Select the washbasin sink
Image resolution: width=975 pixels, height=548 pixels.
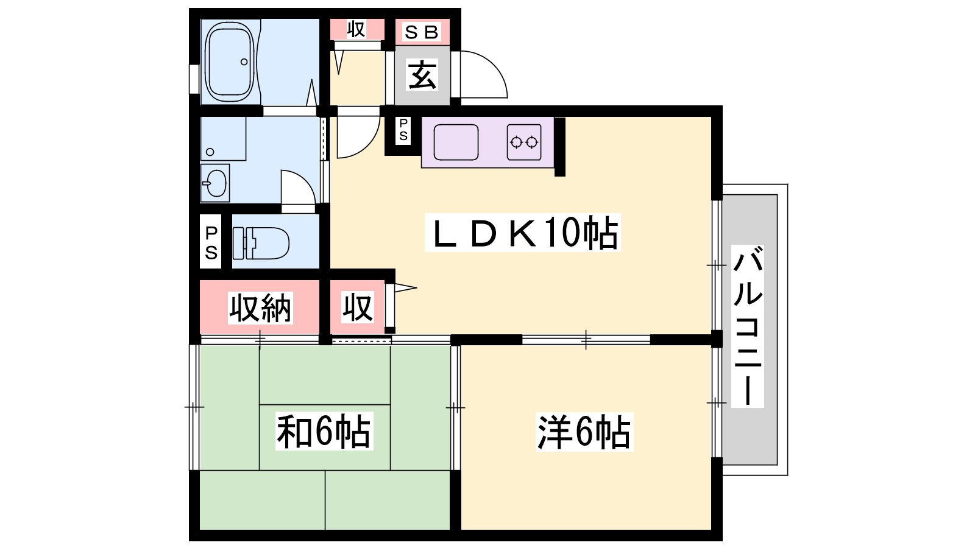coord(215,183)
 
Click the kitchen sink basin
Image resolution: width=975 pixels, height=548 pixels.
coord(456,142)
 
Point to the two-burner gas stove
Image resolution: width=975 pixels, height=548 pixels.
coord(524,142)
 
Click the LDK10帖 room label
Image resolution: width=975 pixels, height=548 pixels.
coord(523,233)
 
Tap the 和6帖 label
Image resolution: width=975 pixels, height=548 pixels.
coord(324,431)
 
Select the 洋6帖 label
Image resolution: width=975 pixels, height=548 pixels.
coord(584,432)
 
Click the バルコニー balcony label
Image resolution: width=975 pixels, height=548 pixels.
coord(747,326)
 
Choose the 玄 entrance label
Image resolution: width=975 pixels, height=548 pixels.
coord(422,76)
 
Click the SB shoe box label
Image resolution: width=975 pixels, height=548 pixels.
coord(422,32)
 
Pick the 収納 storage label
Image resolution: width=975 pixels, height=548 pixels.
coord(260,307)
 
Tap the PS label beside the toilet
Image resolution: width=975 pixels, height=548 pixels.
coord(211,242)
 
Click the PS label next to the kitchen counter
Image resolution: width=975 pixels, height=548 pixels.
coord(403,130)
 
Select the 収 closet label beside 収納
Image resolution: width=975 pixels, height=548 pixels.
coord(357,307)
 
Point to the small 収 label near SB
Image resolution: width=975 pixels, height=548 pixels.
coord(356,29)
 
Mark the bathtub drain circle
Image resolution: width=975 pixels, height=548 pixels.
coord(244,61)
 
